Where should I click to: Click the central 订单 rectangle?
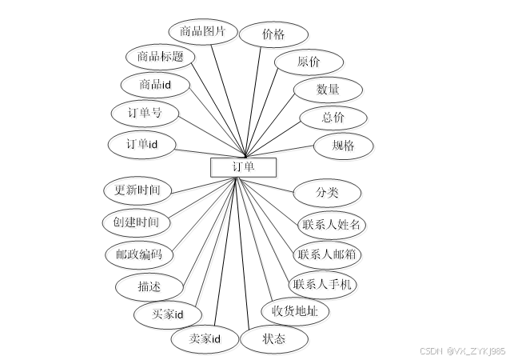point(243,166)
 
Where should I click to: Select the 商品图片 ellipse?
point(203,32)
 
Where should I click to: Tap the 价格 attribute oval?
point(273,34)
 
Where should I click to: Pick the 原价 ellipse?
point(309,62)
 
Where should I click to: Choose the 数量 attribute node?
point(328,90)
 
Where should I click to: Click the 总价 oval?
point(333,118)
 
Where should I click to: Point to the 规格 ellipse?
point(344,146)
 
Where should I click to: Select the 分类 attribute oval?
point(328,193)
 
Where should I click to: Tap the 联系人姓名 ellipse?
point(331,224)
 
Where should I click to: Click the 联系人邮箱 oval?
point(327,254)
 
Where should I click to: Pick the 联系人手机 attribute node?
point(324,285)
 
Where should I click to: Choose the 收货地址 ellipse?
point(295,311)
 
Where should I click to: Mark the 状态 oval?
point(273,339)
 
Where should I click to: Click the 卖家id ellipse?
point(205,339)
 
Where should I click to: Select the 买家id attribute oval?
point(169,314)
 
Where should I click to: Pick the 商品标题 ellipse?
point(160,57)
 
